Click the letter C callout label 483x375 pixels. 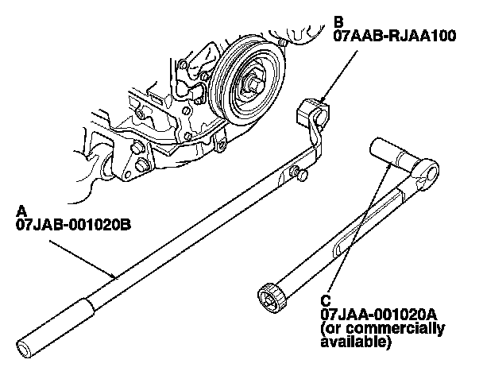(326, 300)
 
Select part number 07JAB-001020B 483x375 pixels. (72, 225)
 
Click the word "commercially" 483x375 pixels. (407, 328)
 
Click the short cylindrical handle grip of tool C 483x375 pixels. (389, 154)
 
